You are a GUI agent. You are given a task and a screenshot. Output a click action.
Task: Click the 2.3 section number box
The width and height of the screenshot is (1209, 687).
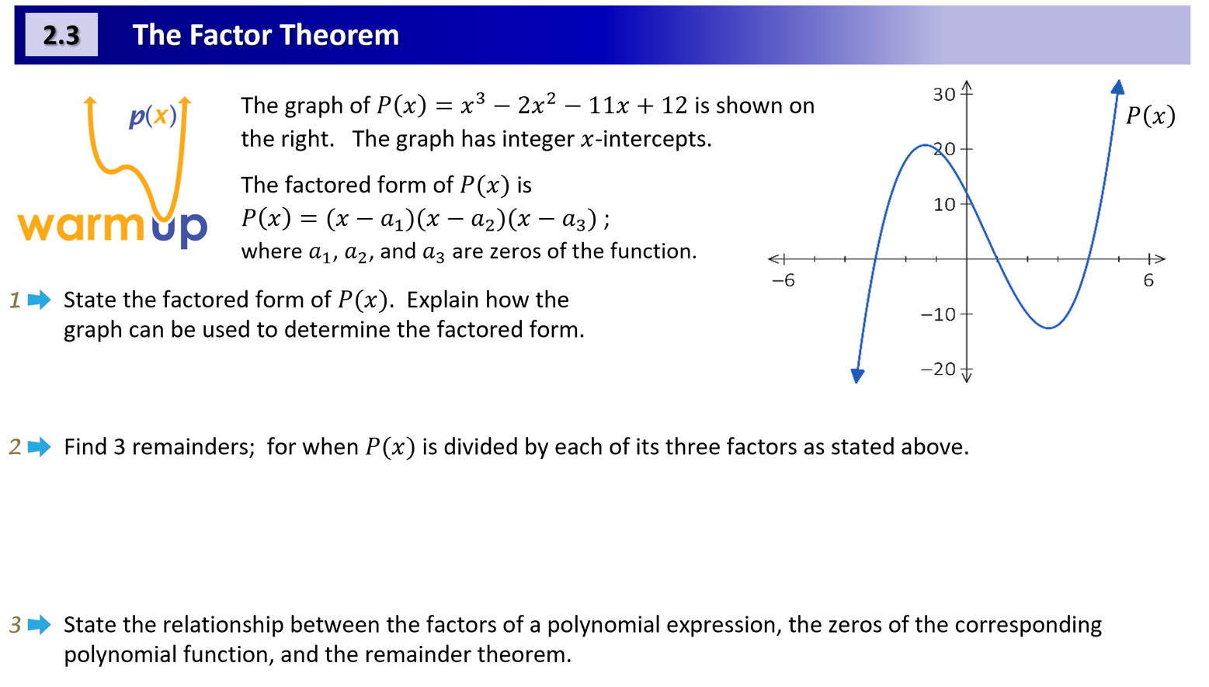(x=61, y=35)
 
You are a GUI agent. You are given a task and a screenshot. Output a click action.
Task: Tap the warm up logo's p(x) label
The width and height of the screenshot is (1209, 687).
(x=153, y=116)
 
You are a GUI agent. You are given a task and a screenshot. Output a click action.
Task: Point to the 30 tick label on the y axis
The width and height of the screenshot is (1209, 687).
(x=944, y=95)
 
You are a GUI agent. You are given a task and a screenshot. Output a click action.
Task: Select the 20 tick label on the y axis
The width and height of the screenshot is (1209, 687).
(x=943, y=149)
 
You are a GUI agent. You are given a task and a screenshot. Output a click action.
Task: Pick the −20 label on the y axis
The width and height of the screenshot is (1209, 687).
(x=937, y=369)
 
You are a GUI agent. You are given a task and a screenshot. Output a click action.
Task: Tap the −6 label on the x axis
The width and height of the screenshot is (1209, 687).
(x=783, y=280)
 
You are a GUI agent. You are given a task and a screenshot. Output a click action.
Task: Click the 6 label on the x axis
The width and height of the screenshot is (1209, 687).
(x=1148, y=280)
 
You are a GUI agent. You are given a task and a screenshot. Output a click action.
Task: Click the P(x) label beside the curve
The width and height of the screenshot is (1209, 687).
(x=1150, y=116)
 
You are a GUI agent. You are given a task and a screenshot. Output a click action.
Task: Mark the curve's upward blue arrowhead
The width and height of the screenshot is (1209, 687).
(x=1117, y=87)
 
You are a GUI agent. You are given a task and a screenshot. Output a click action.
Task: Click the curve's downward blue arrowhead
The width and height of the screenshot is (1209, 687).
(x=857, y=376)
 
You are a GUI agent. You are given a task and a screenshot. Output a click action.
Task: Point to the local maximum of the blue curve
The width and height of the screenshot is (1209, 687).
(x=924, y=145)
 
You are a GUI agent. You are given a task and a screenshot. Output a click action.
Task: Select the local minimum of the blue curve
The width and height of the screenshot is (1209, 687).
(x=1049, y=328)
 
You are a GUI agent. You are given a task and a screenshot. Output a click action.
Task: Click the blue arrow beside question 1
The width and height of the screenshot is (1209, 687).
(x=39, y=300)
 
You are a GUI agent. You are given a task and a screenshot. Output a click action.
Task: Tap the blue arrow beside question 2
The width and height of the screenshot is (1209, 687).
(x=39, y=446)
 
